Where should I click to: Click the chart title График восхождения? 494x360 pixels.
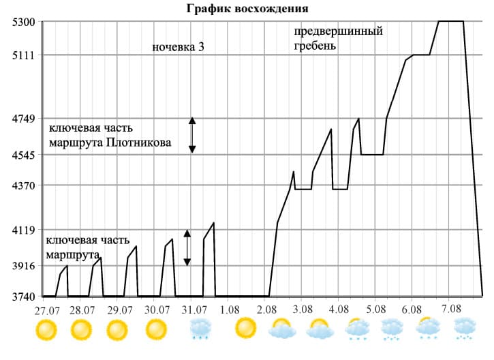[x=247, y=9]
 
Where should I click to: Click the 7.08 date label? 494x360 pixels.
[x=451, y=309]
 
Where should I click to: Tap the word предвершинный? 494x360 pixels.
[x=338, y=32]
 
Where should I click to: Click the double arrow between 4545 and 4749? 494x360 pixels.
[x=192, y=134]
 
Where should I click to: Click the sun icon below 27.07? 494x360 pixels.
[x=46, y=330]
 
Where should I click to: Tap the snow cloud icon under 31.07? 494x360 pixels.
[x=200, y=329]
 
